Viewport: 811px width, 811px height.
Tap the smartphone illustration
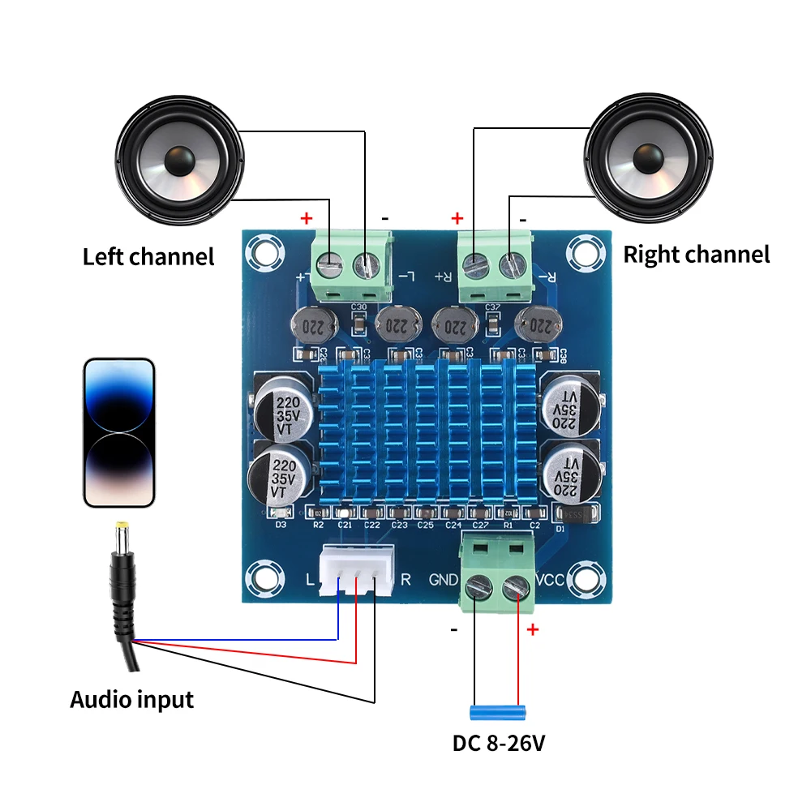coord(118,432)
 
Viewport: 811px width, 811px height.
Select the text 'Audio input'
coord(131,699)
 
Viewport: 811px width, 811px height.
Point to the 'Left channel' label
coord(148,257)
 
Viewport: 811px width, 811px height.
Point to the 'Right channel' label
coord(696,255)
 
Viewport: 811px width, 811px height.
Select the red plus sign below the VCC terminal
coord(533,630)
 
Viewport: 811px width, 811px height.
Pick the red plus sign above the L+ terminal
coord(307,218)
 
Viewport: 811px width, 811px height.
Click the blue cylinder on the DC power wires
coord(497,712)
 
